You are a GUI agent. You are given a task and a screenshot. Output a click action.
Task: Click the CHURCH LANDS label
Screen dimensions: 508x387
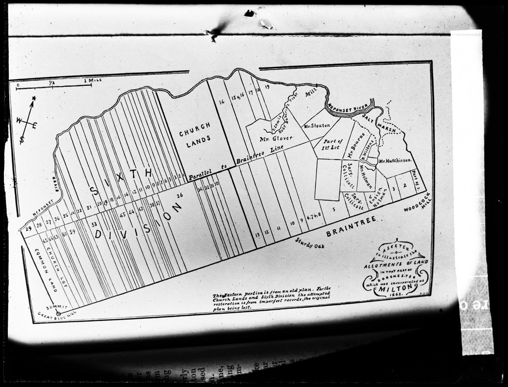point(195,132)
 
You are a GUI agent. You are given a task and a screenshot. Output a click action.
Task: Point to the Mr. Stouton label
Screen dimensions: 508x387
point(317,126)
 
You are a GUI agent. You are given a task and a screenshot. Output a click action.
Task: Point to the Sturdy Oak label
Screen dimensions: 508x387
point(310,243)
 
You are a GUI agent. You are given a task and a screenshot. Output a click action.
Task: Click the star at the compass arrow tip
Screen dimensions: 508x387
point(33,99)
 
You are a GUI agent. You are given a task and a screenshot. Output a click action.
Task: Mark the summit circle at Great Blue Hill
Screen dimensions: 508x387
point(58,313)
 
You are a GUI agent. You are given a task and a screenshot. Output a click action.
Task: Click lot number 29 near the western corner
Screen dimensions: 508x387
point(29,228)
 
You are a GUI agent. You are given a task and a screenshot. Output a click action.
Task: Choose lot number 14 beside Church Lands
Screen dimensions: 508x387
point(222,102)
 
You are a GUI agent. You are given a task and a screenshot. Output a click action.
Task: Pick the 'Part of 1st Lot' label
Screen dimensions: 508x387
point(333,144)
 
